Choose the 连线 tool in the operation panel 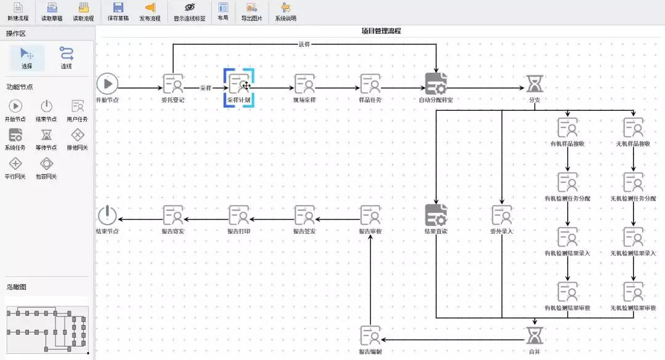[x=66, y=57]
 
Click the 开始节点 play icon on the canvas [x=107, y=84]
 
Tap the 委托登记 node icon [x=173, y=84]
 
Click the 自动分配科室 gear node [x=436, y=84]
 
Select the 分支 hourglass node [x=534, y=84]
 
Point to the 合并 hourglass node [x=534, y=335]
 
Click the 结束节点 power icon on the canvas [x=107, y=215]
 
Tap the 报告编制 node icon [x=370, y=335]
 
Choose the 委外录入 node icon [x=501, y=215]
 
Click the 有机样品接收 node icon [x=567, y=127]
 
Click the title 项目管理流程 [x=381, y=31]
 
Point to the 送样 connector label [x=304, y=44]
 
